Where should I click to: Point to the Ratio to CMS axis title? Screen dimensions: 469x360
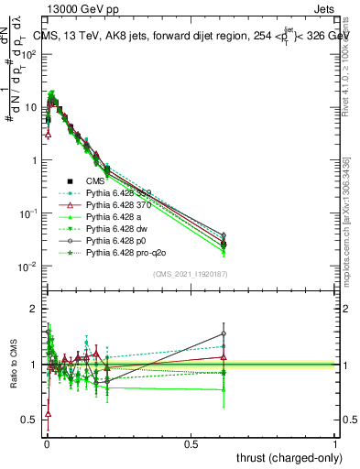[x=16, y=365]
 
